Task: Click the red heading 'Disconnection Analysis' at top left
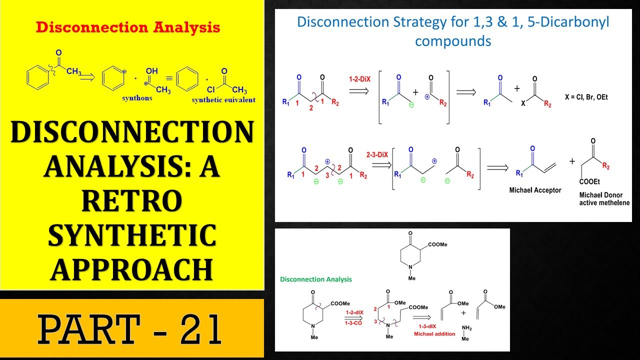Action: click(x=128, y=27)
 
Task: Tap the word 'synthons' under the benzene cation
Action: click(x=137, y=98)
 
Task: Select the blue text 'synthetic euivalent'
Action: click(x=223, y=100)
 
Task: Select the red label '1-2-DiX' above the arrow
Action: click(x=359, y=79)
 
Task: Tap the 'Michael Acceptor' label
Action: click(x=535, y=190)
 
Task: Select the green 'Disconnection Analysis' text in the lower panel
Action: click(x=316, y=279)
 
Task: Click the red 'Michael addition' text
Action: click(x=435, y=333)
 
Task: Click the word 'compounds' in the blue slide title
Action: click(x=453, y=40)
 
